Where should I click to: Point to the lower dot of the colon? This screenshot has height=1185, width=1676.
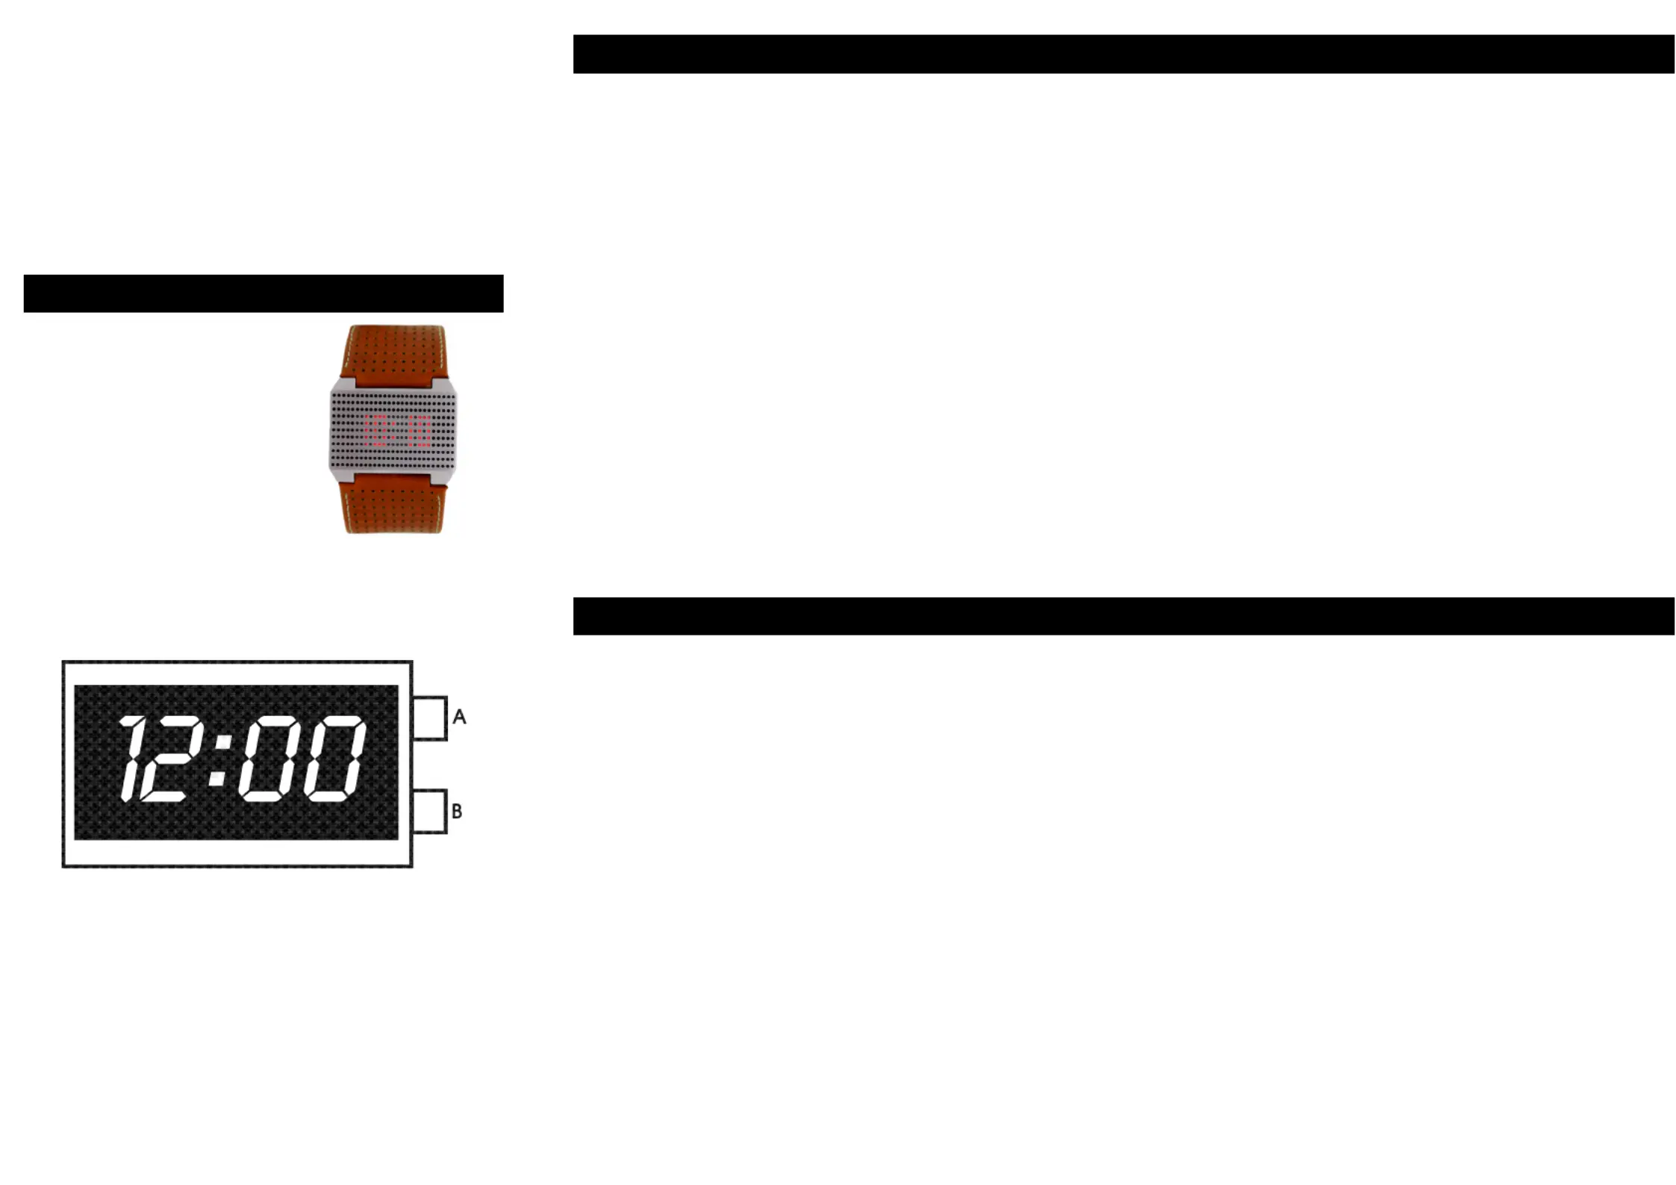(x=217, y=779)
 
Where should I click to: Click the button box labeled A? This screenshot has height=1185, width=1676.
(x=429, y=718)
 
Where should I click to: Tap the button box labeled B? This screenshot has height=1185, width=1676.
(x=429, y=811)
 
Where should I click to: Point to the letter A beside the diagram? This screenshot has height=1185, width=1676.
(x=459, y=717)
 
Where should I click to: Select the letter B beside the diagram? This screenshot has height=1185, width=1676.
(x=457, y=811)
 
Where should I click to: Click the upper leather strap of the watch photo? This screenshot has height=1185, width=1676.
(x=393, y=352)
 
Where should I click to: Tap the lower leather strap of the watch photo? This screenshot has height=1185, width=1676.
(x=393, y=507)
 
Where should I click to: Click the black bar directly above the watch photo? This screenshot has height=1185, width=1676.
(x=263, y=293)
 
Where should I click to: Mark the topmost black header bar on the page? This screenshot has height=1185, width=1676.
(x=1124, y=54)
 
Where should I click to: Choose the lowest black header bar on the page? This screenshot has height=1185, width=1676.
(x=1124, y=616)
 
